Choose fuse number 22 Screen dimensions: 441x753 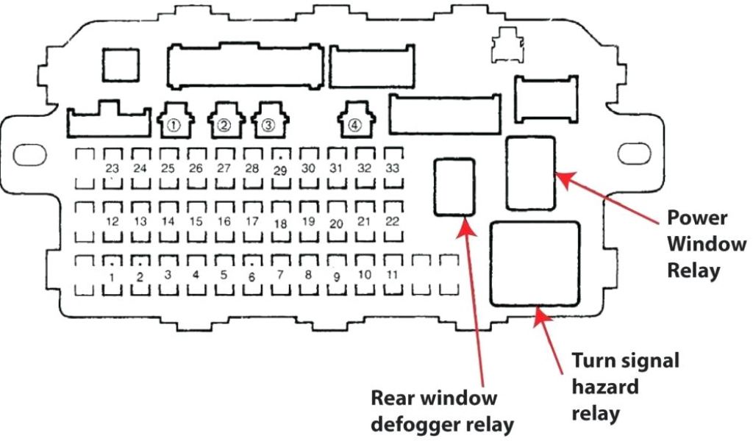pyautogui.click(x=393, y=220)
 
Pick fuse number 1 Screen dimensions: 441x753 pyautogui.click(x=113, y=276)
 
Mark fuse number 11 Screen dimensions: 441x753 pyautogui.click(x=393, y=274)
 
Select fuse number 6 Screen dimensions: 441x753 pyautogui.click(x=252, y=276)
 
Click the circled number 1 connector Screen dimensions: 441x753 pyautogui.click(x=174, y=124)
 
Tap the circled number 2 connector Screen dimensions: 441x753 pyautogui.click(x=224, y=124)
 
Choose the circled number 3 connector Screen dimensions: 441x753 pyautogui.click(x=268, y=124)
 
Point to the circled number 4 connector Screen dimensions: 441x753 pyautogui.click(x=355, y=124)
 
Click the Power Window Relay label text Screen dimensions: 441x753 pyautogui.click(x=706, y=243)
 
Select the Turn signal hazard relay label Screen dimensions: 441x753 pyautogui.click(x=625, y=387)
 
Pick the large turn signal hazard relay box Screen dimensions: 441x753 pyautogui.click(x=535, y=263)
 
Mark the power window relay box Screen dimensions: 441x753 pyautogui.click(x=530, y=173)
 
